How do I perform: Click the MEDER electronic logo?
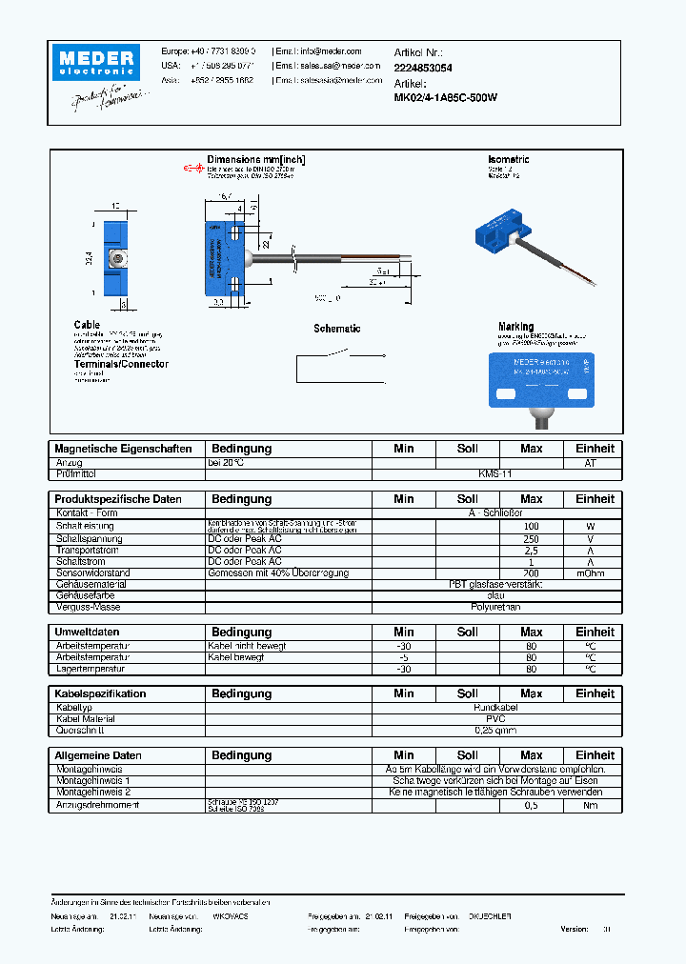click(98, 62)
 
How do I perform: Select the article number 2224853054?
click(423, 68)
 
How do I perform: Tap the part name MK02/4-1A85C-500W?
click(445, 97)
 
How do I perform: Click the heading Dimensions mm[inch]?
click(255, 160)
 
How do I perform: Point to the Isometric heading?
click(508, 160)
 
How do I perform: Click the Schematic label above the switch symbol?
click(337, 329)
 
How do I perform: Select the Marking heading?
click(515, 327)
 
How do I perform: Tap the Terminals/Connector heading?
click(121, 364)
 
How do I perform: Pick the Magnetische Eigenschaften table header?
click(123, 449)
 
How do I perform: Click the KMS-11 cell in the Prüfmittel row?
click(495, 473)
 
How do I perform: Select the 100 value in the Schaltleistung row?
click(531, 526)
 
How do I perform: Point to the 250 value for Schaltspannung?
click(531, 538)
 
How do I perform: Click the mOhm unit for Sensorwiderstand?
click(595, 573)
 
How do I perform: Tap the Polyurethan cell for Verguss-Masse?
click(495, 606)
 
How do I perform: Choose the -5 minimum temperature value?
click(404, 657)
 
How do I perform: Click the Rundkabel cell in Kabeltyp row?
click(495, 708)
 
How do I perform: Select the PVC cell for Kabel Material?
click(495, 719)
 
